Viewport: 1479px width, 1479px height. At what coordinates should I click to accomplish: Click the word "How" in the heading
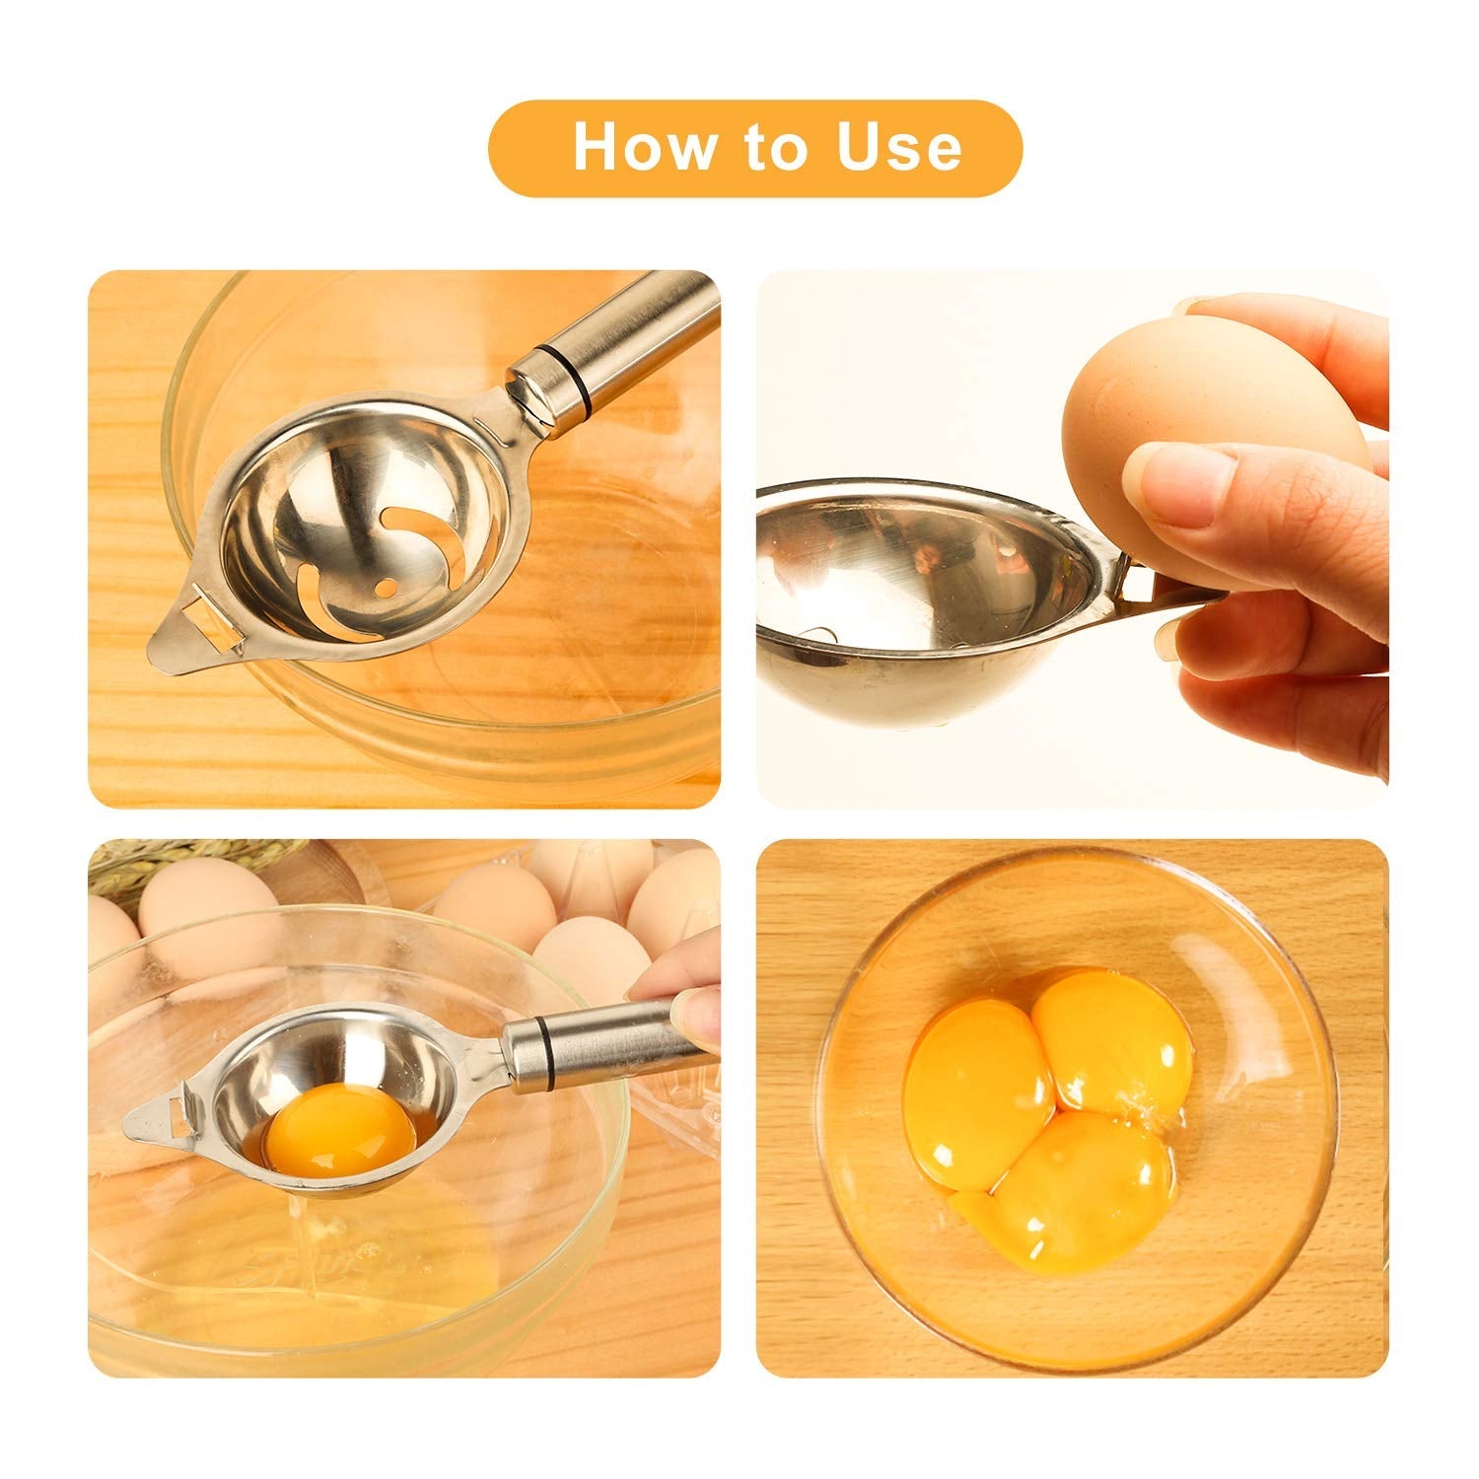[644, 147]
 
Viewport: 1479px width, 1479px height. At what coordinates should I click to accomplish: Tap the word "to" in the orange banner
[775, 147]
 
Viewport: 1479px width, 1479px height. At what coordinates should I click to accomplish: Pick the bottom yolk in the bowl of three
[1085, 1188]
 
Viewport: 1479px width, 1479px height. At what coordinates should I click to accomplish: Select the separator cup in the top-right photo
[917, 582]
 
